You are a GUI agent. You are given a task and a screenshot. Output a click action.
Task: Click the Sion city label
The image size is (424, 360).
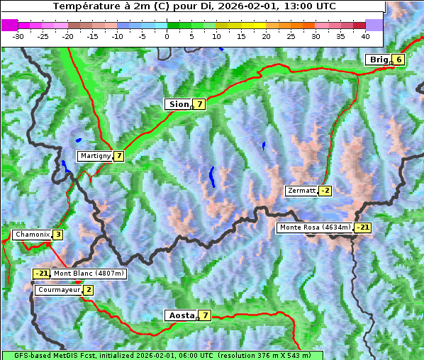click(178, 104)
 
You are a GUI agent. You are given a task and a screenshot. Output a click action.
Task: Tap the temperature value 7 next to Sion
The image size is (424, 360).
click(200, 104)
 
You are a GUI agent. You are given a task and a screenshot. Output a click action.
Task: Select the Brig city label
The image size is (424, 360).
click(379, 60)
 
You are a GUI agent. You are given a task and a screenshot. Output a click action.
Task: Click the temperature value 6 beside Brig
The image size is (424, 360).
click(399, 60)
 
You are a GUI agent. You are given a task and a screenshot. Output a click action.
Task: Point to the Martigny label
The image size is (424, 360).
click(95, 156)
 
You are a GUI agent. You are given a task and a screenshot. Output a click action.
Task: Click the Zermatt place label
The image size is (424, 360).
click(301, 191)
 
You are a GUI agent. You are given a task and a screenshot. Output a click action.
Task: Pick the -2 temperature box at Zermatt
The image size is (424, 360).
click(325, 191)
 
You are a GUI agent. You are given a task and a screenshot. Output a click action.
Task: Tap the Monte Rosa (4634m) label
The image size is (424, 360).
click(314, 227)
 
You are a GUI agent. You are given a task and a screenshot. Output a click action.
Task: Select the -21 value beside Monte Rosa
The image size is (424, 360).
click(362, 227)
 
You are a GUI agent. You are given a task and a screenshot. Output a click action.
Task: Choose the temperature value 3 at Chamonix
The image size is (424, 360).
click(57, 235)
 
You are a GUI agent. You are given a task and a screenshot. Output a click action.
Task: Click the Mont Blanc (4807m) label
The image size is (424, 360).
click(89, 274)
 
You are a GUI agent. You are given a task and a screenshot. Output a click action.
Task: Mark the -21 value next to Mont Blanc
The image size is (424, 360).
click(42, 274)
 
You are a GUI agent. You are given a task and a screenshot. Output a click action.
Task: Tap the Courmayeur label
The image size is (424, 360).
click(59, 290)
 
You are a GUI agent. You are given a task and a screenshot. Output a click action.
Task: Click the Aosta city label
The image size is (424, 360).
click(180, 315)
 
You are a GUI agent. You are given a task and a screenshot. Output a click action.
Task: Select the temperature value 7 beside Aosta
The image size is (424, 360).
click(205, 315)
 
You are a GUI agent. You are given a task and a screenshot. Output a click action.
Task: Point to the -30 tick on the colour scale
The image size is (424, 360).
click(18, 35)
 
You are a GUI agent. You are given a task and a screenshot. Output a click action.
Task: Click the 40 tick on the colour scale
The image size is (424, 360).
click(365, 35)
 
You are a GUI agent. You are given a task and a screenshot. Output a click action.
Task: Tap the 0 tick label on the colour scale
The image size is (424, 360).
click(167, 35)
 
